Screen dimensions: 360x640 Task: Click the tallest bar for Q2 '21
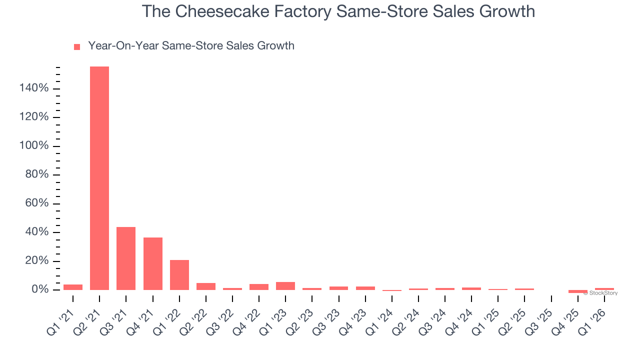[x=99, y=178]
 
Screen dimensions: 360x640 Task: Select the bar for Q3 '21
[x=126, y=258]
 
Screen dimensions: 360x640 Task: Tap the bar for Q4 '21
[x=153, y=263]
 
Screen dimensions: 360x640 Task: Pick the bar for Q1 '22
[x=179, y=275]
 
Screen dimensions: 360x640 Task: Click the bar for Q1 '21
[x=73, y=287]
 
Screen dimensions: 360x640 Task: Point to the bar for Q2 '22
[x=206, y=286]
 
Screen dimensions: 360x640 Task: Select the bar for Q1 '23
[x=285, y=286]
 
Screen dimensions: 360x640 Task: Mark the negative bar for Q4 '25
[x=578, y=291]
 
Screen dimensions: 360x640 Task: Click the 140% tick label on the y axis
[x=34, y=88]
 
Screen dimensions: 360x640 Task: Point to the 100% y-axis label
[x=34, y=146]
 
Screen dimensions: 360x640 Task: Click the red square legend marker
[x=77, y=47]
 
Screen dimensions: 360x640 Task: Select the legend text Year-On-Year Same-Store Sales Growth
[x=191, y=46]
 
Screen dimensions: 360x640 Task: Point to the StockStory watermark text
[x=602, y=293]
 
